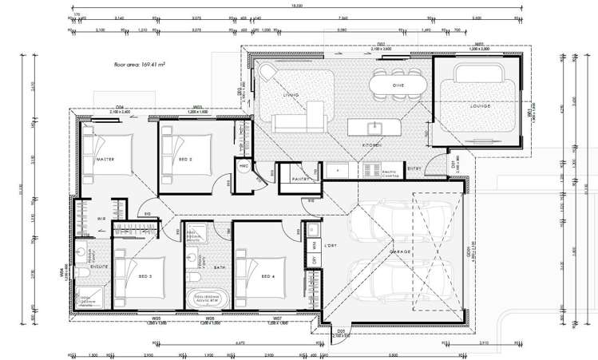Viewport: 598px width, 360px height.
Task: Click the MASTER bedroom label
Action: tap(105, 160)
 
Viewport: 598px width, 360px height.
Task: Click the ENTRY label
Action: tap(414, 168)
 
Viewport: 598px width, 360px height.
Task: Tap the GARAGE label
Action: tap(399, 251)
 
